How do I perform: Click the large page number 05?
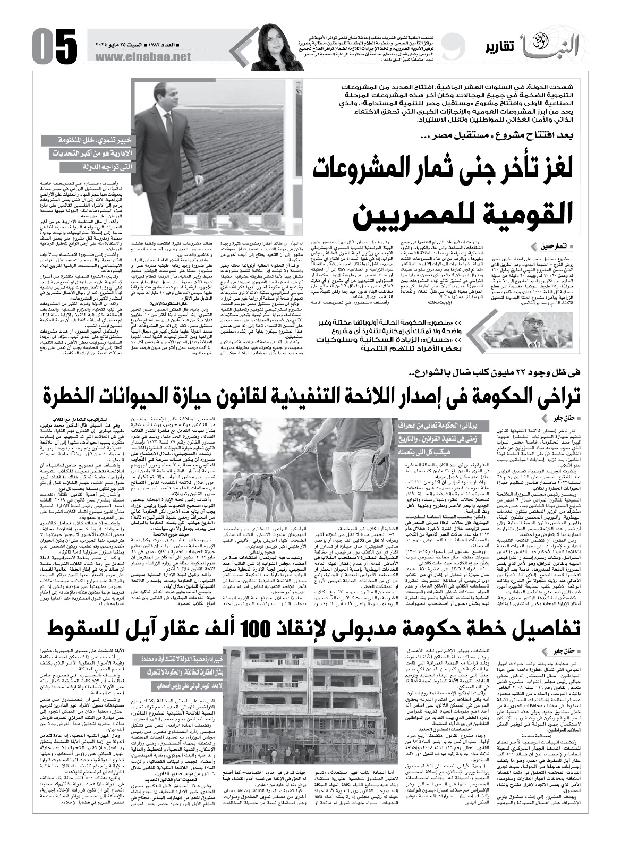click(52, 47)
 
